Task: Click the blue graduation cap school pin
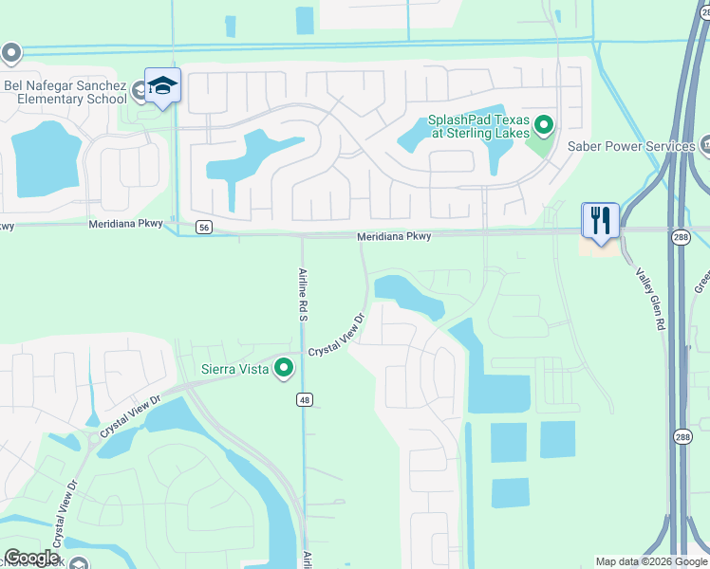tap(163, 86)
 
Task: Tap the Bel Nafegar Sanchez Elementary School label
tap(65, 91)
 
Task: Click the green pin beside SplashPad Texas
tap(544, 124)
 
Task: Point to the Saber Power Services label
tap(630, 147)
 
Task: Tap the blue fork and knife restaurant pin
tap(600, 221)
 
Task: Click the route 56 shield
tap(204, 228)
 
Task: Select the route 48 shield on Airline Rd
tap(304, 400)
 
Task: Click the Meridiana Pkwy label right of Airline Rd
tap(394, 236)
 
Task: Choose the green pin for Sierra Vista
tap(283, 368)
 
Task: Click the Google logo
tap(31, 558)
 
